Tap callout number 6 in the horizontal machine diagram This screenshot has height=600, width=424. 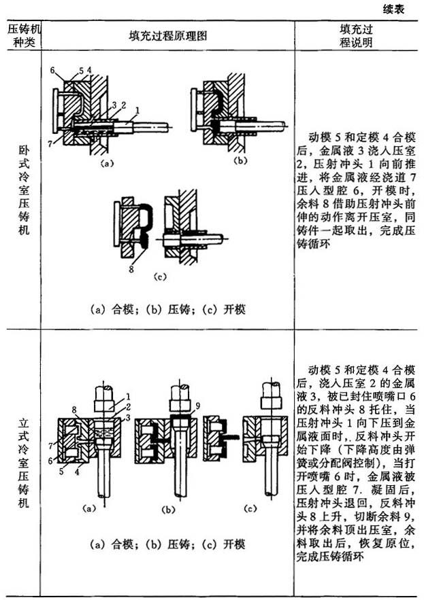point(52,71)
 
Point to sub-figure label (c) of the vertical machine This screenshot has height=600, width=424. point(250,508)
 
